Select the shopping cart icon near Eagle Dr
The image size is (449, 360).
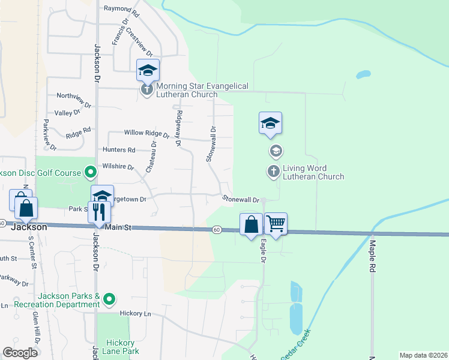pyautogui.click(x=276, y=224)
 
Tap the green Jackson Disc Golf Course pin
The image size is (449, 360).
pyautogui.click(x=91, y=173)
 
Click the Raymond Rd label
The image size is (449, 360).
pyautogui.click(x=121, y=10)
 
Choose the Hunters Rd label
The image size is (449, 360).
pyautogui.click(x=119, y=150)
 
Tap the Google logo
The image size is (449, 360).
pyautogui.click(x=20, y=353)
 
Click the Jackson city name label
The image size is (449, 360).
pyautogui.click(x=29, y=228)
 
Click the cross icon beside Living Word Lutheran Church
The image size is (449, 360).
pyautogui.click(x=273, y=172)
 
